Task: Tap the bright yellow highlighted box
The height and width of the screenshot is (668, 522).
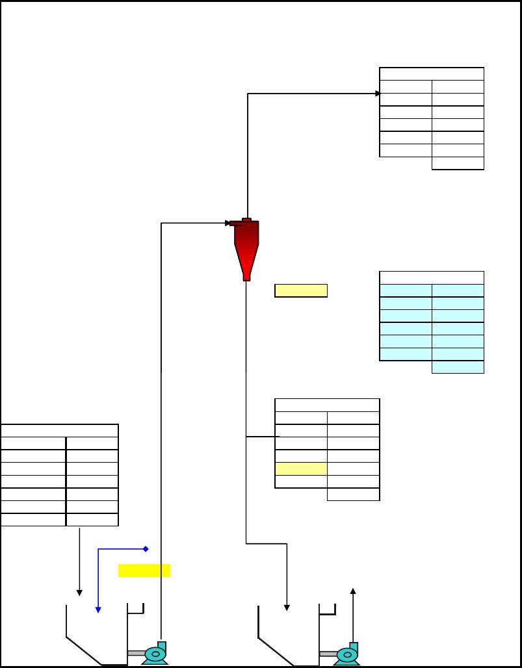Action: [144, 571]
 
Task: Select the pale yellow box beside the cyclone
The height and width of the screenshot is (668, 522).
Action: [301, 290]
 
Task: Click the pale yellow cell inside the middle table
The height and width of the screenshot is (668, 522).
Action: [301, 469]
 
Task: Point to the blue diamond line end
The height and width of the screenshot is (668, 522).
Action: [146, 549]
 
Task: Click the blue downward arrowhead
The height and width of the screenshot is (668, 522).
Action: [98, 609]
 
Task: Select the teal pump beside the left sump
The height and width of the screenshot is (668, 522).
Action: [155, 654]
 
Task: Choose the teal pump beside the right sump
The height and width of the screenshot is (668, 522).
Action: [347, 654]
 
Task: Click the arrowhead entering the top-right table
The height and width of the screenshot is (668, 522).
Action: [378, 94]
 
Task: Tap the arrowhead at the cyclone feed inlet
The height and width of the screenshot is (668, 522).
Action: [228, 224]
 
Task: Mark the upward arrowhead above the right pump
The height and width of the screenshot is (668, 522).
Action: [353, 591]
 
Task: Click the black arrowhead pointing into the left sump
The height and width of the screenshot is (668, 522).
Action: [79, 592]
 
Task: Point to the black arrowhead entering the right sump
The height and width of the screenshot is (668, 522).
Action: [287, 608]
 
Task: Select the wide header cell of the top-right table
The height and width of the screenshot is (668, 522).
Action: [432, 73]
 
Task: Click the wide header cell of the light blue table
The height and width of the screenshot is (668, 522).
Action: [432, 277]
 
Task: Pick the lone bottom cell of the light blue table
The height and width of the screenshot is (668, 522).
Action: [458, 367]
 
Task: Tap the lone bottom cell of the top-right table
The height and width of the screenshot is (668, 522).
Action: [458, 163]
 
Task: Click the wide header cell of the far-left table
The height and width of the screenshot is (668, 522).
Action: [59, 431]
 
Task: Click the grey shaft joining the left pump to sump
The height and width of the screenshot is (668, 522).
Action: [136, 653]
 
